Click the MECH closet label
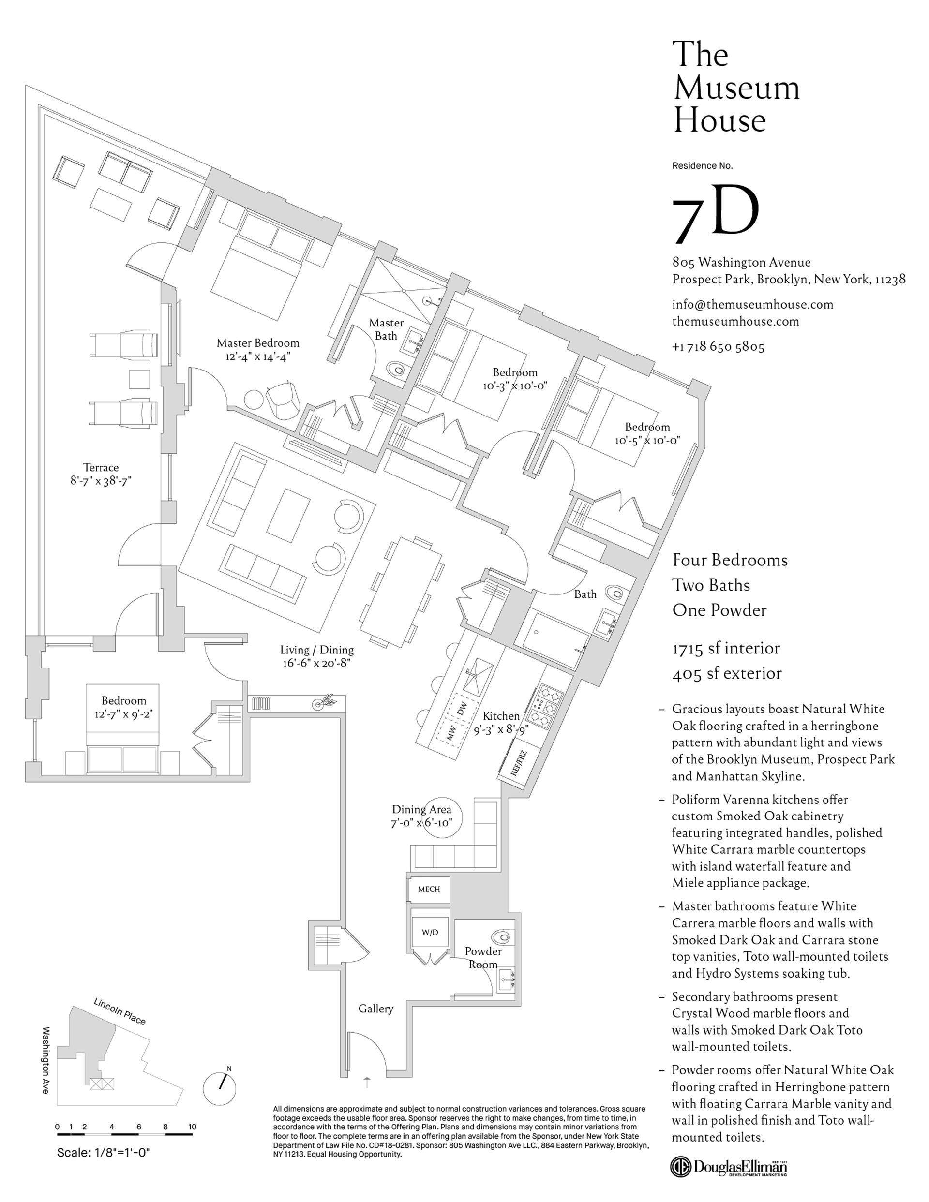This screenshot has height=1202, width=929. click(x=428, y=889)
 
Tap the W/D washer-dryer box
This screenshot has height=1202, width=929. click(x=430, y=932)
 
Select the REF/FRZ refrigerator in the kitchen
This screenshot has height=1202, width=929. click(x=518, y=763)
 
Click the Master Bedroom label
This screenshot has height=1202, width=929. click(x=258, y=343)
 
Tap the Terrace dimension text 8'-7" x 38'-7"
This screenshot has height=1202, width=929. click(x=101, y=480)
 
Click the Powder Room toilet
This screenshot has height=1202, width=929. click(x=502, y=935)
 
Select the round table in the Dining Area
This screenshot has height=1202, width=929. click(x=442, y=819)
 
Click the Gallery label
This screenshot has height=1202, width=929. click(x=375, y=1008)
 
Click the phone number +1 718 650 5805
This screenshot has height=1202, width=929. click(x=718, y=347)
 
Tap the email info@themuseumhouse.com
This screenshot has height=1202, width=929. click(x=752, y=304)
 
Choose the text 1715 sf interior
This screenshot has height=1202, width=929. click(x=725, y=648)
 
